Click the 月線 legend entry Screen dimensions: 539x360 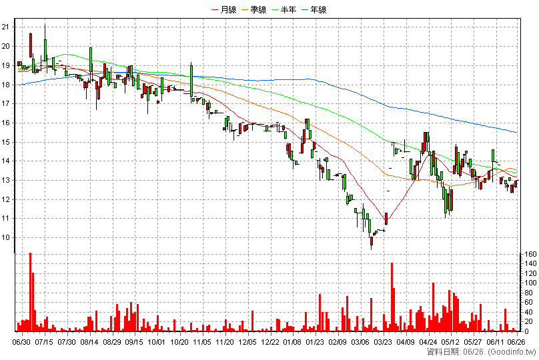(224, 9)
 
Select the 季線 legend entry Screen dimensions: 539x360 (254, 9)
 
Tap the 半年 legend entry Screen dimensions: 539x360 (284, 9)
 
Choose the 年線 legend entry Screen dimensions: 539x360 (314, 9)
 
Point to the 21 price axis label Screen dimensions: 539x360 (6, 27)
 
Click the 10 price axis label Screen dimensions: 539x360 (6, 238)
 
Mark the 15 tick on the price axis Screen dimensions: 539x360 (6, 142)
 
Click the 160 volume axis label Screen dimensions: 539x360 (530, 254)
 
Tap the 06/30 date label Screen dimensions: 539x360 (21, 342)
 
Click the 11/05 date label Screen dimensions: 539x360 (202, 342)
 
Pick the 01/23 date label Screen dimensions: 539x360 (315, 342)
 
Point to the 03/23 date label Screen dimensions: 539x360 (383, 342)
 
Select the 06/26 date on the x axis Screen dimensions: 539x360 (517, 342)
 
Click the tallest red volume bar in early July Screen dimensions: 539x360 (30, 292)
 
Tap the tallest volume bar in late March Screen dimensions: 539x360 (392, 297)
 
